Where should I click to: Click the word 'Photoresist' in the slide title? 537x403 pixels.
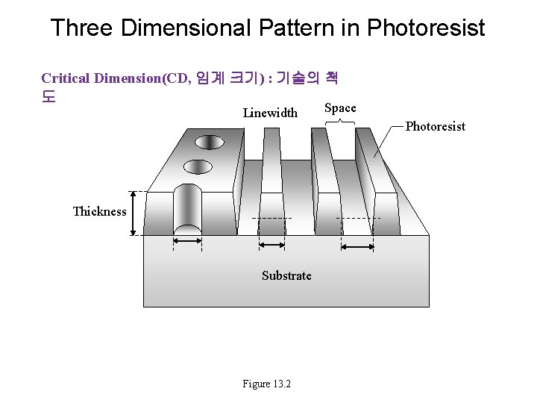point(426,28)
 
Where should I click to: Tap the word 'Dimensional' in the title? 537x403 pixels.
point(186,28)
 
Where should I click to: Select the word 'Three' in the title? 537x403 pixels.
point(81,28)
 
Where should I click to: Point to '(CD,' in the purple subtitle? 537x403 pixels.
point(180,78)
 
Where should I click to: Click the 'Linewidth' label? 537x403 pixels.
point(270,113)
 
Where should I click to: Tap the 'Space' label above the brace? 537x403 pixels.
point(341,108)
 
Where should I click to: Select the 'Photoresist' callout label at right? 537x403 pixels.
point(435,126)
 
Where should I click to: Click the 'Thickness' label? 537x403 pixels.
point(99,211)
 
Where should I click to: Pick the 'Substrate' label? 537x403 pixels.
point(286,275)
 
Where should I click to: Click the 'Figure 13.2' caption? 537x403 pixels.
point(266,384)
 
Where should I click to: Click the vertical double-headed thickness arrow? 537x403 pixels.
point(134,213)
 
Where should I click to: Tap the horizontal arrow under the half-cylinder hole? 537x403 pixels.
point(187,240)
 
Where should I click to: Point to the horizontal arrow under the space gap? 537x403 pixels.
point(357,246)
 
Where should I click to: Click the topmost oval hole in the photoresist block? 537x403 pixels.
point(210,141)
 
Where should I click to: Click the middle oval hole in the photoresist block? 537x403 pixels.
point(198,166)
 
